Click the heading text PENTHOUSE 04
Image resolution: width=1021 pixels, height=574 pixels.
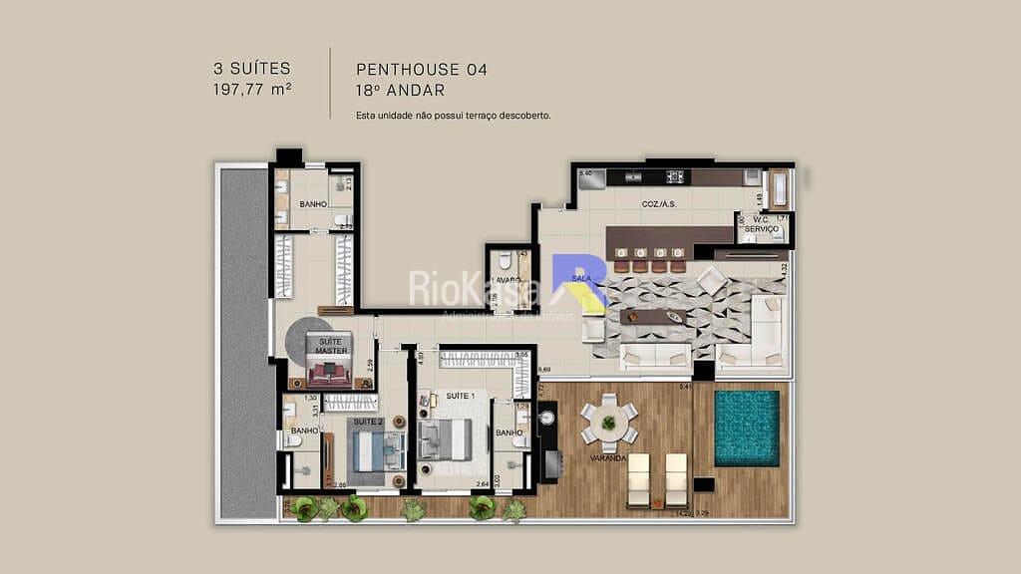click(422, 70)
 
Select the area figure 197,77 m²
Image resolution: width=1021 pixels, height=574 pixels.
click(251, 89)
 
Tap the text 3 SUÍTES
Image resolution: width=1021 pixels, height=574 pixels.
click(251, 69)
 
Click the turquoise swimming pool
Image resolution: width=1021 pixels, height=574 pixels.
click(746, 428)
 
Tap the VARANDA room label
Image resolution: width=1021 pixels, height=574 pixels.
click(606, 458)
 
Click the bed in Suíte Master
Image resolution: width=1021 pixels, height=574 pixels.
click(329, 371)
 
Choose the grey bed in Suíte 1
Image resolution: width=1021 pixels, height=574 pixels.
click(446, 438)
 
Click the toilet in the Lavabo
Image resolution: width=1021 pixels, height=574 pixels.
click(506, 262)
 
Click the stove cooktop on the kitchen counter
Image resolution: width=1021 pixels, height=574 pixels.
click(675, 177)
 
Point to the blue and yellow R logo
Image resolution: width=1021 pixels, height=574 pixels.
click(578, 282)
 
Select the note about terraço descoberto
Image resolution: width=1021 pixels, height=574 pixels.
click(454, 116)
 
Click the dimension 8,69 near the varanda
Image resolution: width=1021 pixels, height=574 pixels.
click(544, 371)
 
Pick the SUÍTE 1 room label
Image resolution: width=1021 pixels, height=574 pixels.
click(461, 396)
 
